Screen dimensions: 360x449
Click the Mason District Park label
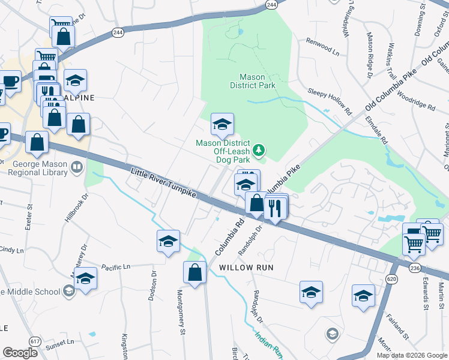click(x=257, y=81)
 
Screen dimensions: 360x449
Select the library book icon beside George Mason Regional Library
click(x=76, y=167)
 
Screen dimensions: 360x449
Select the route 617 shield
click(x=35, y=341)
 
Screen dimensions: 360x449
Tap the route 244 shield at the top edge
click(x=271, y=4)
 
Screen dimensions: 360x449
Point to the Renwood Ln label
click(x=322, y=49)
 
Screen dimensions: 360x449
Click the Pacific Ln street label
click(x=115, y=266)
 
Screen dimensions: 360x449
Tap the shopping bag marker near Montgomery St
click(x=195, y=273)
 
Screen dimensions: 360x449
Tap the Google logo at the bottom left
click(x=20, y=352)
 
